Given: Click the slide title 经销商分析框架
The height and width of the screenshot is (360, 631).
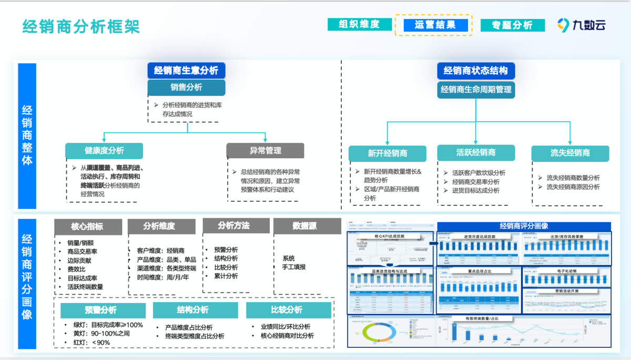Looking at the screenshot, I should tap(81, 26).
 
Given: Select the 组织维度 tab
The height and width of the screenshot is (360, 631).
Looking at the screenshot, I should tap(359, 24).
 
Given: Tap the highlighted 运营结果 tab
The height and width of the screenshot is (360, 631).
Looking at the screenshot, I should tap(434, 25).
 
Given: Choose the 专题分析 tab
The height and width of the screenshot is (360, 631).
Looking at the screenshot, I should tap(512, 25).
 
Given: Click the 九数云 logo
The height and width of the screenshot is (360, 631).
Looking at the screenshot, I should tap(582, 24).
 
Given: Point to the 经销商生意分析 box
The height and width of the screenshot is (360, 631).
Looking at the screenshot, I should tap(186, 70).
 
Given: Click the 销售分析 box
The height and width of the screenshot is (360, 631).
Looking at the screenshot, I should tap(186, 87).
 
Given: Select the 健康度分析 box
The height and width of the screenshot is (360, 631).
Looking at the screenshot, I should tap(104, 151).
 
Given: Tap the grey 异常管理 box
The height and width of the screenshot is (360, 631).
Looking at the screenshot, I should tap(265, 151).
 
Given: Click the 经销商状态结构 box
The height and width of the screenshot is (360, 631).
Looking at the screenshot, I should tap(475, 71).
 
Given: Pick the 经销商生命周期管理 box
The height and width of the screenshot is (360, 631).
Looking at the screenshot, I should tap(475, 89).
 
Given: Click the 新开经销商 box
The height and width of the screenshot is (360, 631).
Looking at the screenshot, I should tap(388, 153).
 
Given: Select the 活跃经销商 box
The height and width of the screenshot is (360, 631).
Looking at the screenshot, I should tap(475, 153).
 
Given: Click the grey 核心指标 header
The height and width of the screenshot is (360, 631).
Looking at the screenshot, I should tap(87, 227).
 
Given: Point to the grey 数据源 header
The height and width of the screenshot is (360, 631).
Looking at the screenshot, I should tap(304, 226).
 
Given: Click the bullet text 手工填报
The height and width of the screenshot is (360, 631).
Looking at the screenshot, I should tap(293, 267).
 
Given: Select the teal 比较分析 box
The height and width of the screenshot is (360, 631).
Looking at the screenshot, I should tap(289, 310).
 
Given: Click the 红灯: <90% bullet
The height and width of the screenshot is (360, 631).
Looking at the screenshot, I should tap(93, 343).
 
